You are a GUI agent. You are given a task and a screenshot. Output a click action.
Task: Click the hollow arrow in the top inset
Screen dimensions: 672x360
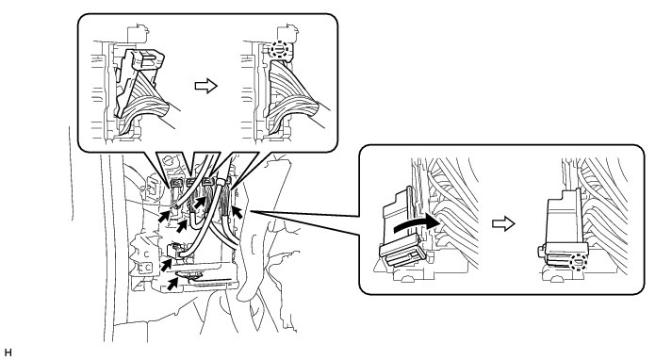[206, 86]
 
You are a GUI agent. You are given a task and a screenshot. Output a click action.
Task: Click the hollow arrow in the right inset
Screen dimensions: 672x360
[503, 223]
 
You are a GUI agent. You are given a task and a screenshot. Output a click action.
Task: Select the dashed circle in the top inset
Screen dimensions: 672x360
[279, 50]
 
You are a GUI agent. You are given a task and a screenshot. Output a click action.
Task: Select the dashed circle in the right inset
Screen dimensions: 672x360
[578, 261]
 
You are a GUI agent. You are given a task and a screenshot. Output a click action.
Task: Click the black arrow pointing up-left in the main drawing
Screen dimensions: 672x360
[237, 212]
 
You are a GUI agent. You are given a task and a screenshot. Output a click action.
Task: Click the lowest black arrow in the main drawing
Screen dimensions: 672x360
[172, 284]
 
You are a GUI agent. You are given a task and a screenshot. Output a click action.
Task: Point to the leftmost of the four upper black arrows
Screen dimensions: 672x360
[164, 217]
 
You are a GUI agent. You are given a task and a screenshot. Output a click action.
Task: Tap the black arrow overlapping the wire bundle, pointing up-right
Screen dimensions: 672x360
[200, 202]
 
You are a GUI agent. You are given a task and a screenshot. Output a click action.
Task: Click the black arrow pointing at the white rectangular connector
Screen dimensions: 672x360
[167, 264]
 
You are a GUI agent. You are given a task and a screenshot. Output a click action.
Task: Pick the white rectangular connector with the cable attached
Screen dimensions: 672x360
[175, 250]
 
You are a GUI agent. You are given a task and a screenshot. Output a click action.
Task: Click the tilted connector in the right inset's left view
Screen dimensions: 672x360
[403, 232]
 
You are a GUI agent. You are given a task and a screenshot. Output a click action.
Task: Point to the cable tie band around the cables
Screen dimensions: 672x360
[220, 183]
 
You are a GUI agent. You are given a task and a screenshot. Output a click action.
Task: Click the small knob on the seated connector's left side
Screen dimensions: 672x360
[541, 252]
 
